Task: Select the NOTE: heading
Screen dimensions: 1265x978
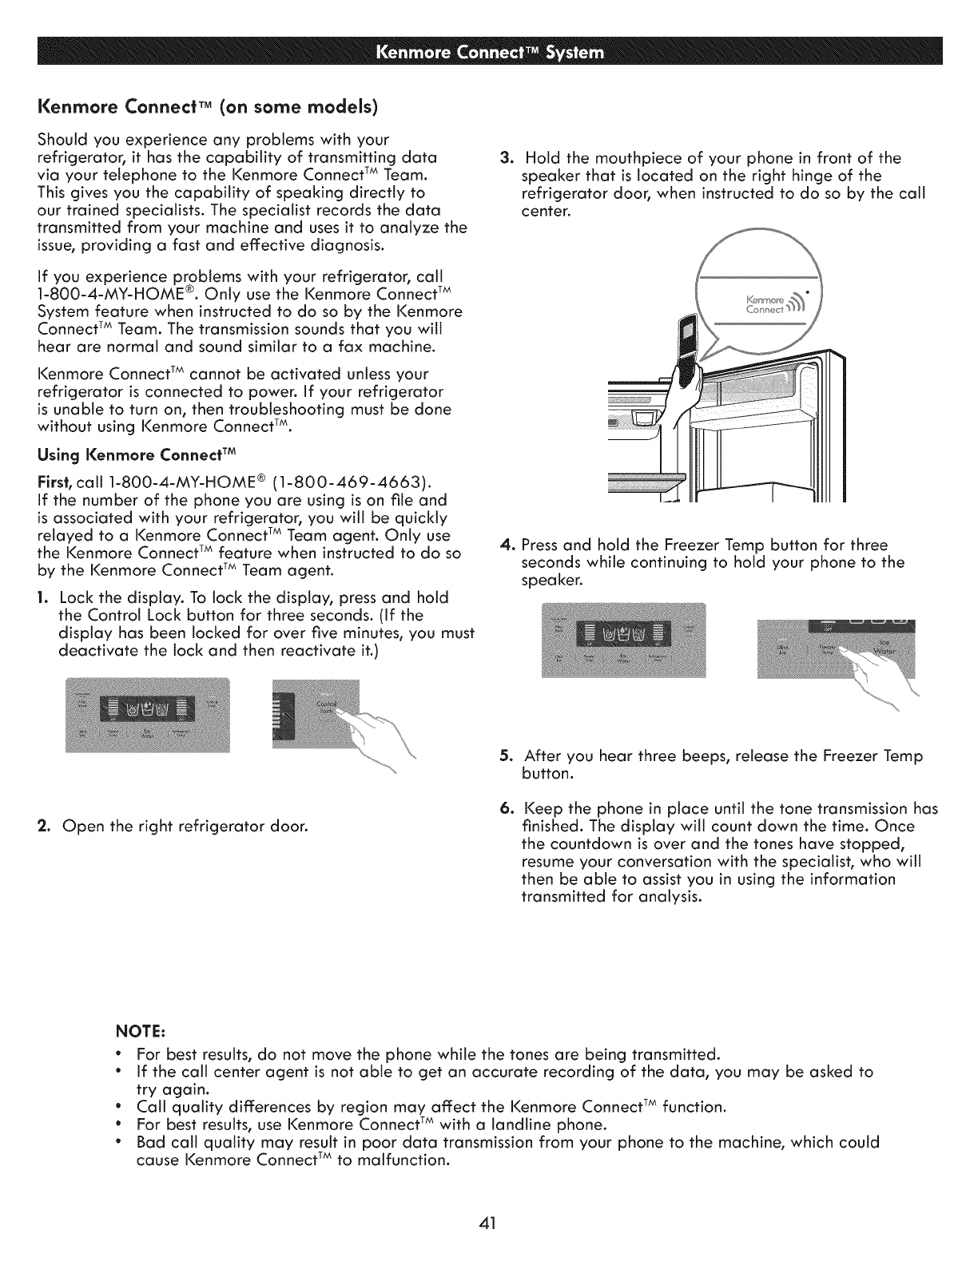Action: click(143, 1026)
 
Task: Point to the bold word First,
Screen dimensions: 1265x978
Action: click(51, 483)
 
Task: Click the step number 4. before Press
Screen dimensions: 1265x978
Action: click(504, 545)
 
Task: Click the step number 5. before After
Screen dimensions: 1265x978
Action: click(505, 755)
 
